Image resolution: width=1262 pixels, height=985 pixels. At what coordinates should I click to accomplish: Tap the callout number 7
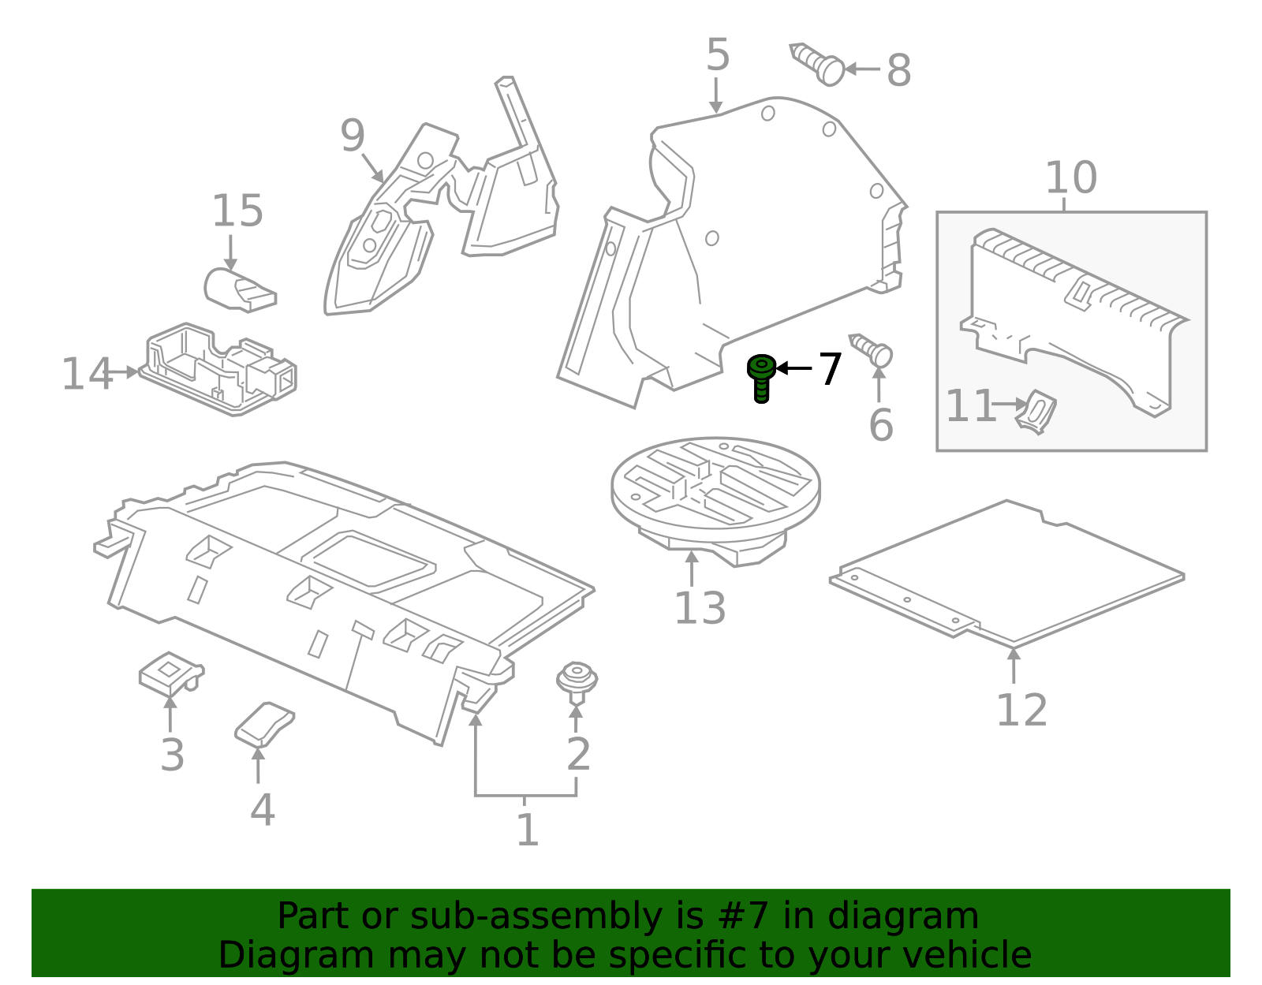coord(830,370)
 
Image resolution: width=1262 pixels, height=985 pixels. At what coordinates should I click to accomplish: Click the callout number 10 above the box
coord(1070,177)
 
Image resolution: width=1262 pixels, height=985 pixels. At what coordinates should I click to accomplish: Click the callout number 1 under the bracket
coord(527,830)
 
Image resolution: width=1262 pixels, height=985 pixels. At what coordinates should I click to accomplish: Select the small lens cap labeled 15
coord(238,289)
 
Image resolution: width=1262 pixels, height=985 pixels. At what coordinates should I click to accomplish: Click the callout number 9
coord(353,136)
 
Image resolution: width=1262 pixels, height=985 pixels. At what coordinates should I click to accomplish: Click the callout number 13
coord(700,608)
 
